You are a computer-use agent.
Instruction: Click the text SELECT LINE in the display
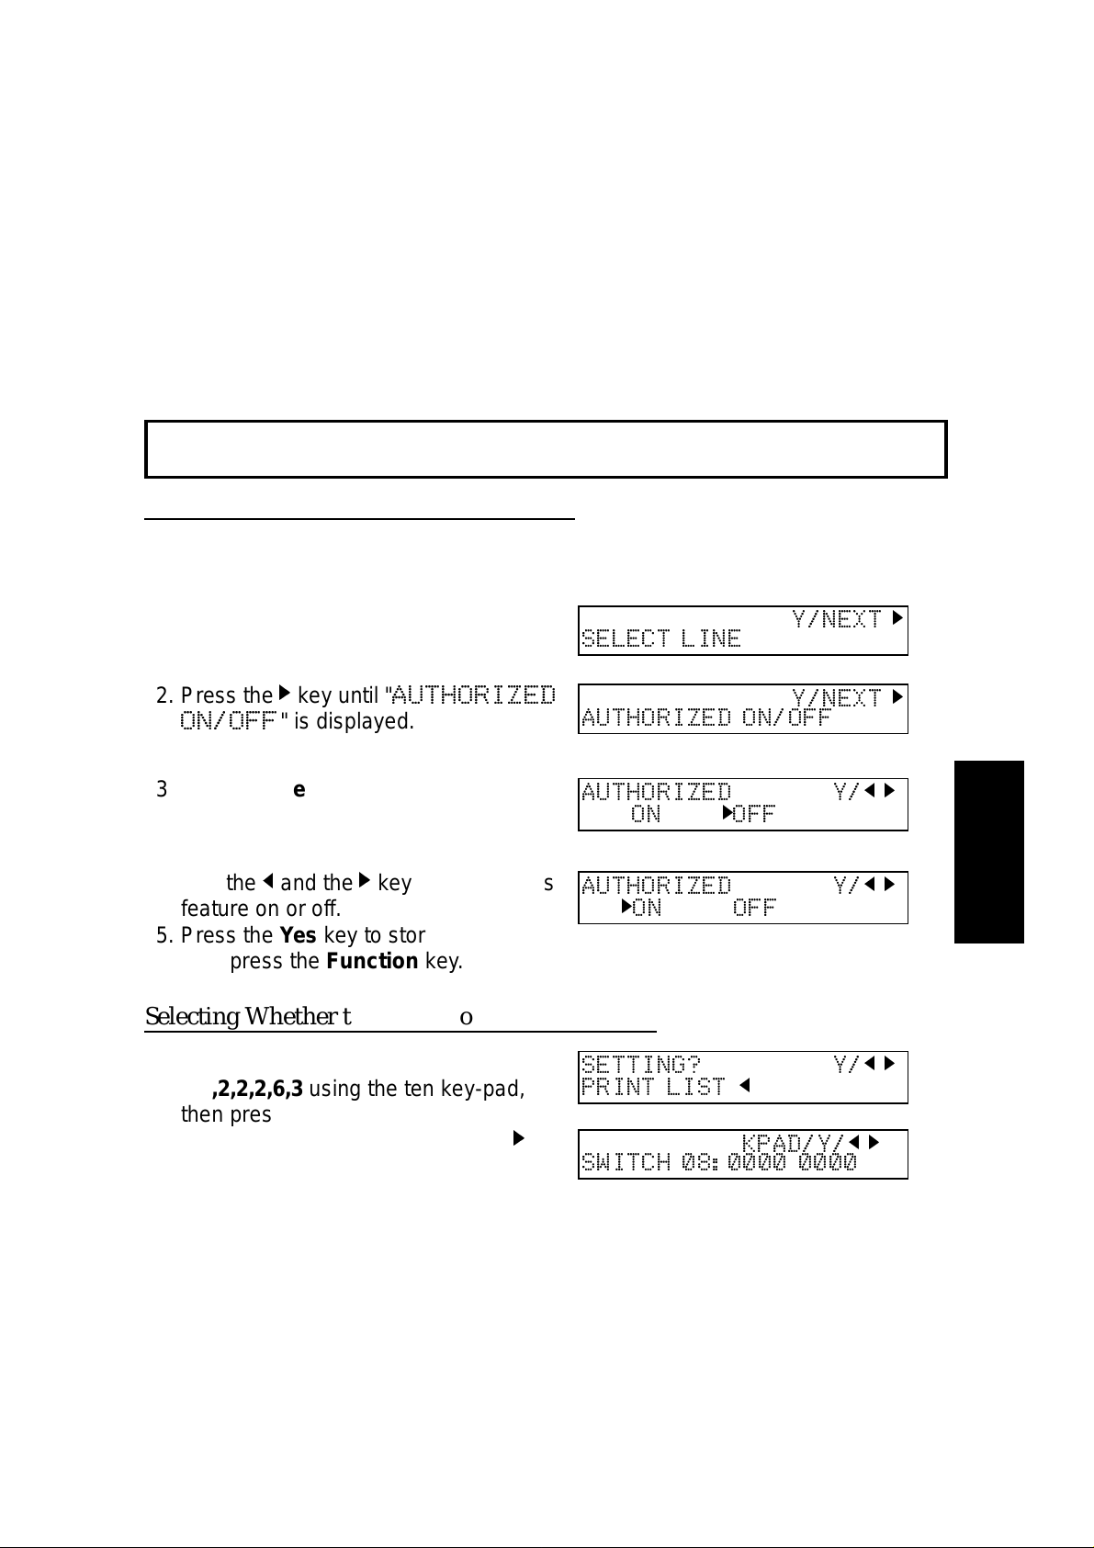[660, 638]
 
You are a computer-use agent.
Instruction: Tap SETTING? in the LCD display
[640, 1065]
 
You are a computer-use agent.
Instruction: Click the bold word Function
[372, 962]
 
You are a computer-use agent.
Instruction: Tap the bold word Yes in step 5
[298, 935]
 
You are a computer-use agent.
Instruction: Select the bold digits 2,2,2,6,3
[258, 1090]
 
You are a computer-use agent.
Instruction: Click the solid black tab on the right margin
[988, 851]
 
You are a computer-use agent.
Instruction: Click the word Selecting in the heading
[191, 1017]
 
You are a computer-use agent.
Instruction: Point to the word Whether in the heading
[288, 1017]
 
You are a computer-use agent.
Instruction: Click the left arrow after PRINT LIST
[745, 1087]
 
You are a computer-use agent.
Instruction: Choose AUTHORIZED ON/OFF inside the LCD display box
[705, 718]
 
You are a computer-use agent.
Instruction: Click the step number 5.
[162, 935]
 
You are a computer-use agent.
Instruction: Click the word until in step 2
[358, 696]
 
